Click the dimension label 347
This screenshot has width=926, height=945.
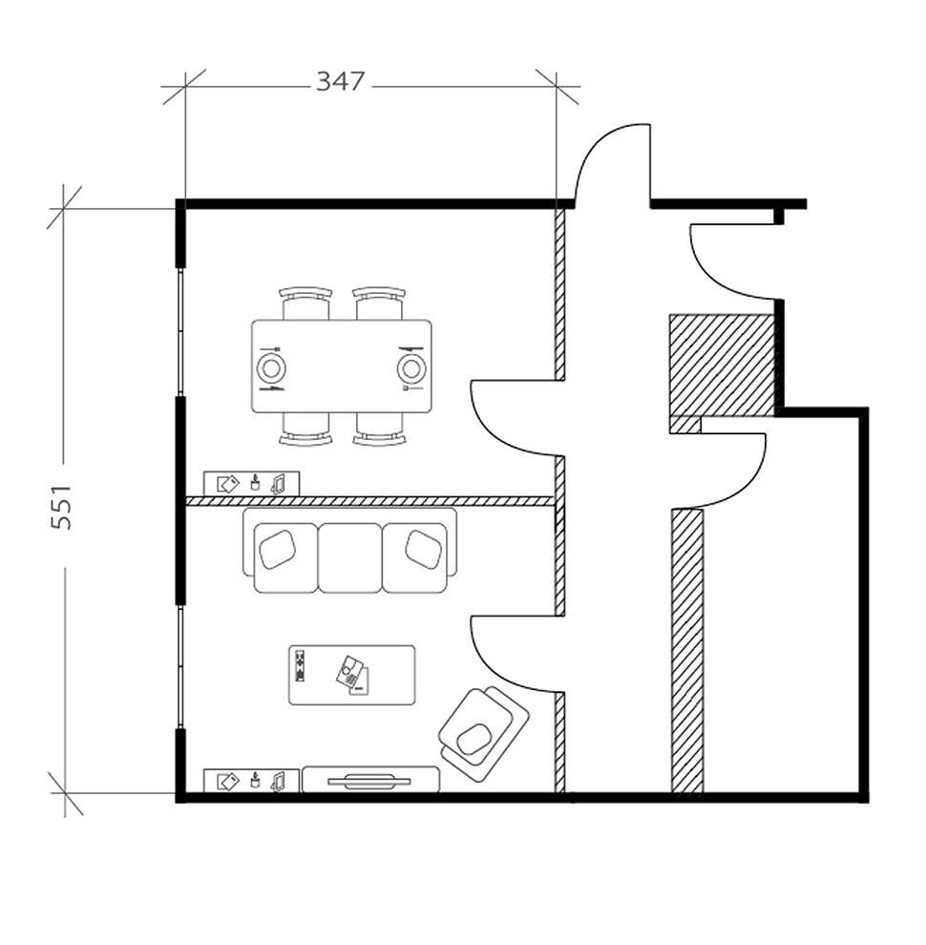(x=341, y=82)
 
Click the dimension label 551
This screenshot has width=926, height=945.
(x=61, y=505)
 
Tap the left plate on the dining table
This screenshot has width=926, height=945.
(x=271, y=367)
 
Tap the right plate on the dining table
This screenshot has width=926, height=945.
(x=411, y=367)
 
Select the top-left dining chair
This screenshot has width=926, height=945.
(x=305, y=304)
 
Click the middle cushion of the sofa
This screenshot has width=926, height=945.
(x=349, y=557)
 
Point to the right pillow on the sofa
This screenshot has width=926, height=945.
(x=423, y=549)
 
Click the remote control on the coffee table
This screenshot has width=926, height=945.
(x=300, y=665)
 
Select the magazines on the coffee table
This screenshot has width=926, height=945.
(x=352, y=675)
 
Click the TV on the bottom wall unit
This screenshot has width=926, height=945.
(x=371, y=781)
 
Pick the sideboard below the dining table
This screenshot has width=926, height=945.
(x=252, y=484)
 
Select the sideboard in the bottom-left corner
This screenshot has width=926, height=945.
(x=252, y=781)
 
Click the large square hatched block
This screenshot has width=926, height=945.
(x=721, y=366)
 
